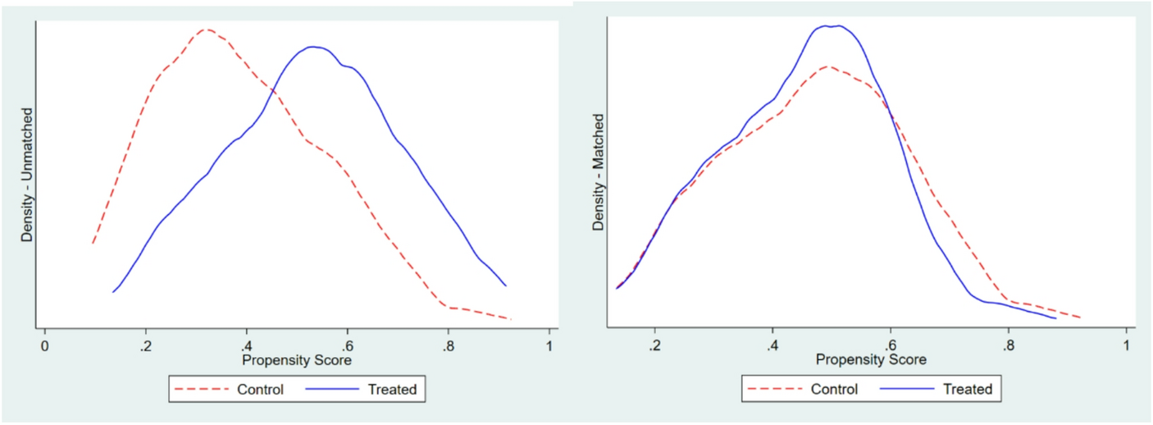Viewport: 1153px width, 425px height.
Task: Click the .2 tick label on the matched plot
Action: [x=654, y=344]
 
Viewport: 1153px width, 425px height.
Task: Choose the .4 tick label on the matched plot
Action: [x=772, y=344]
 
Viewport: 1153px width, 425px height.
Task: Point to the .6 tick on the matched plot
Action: [x=890, y=344]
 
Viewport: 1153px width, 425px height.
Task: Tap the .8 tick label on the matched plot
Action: [x=1008, y=344]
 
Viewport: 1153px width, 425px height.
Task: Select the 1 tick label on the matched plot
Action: [x=1126, y=344]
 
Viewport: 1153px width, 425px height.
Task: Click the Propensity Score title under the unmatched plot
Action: [x=297, y=361]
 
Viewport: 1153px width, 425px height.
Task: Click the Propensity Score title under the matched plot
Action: [x=871, y=359]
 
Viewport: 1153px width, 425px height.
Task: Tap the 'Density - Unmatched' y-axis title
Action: [x=27, y=175]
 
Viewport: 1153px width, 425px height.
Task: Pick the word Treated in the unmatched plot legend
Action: [x=391, y=390]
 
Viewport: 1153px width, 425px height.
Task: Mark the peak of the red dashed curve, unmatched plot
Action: [x=205, y=30]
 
